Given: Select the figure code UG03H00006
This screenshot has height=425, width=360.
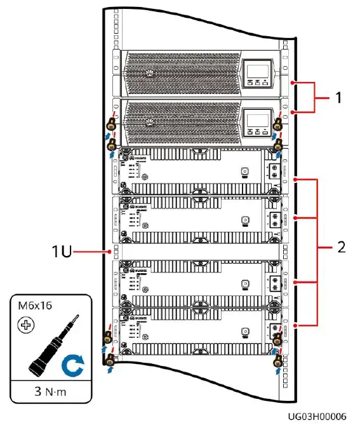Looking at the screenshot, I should point(317,417).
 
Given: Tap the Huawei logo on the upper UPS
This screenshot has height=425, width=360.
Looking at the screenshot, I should point(149,65).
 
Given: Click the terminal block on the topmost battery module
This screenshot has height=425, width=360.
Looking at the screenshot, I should point(274,172).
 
